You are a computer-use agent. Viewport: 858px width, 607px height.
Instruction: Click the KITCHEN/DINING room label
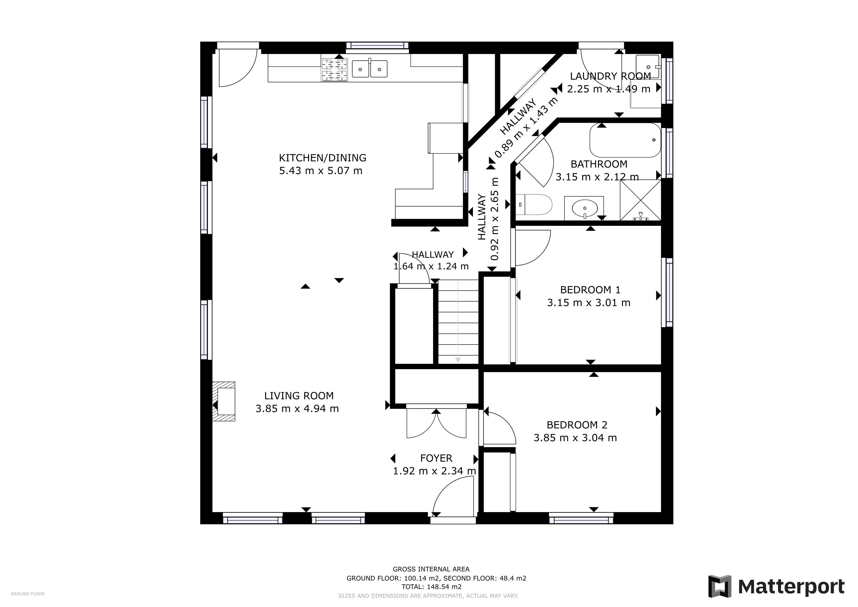tap(322, 158)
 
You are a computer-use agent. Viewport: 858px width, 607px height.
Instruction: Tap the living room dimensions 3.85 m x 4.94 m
tap(297, 409)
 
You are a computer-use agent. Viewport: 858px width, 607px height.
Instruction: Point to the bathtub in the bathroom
tap(625, 140)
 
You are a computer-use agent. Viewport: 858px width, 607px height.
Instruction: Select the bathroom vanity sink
tap(584, 208)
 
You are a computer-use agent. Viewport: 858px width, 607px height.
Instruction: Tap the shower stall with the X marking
tap(640, 200)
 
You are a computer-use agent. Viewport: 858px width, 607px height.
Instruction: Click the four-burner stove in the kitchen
tap(334, 70)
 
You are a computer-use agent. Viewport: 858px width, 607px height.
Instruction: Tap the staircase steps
tap(458, 321)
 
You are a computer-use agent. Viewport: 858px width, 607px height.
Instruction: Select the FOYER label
tap(436, 458)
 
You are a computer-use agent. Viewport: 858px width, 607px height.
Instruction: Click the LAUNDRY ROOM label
tap(610, 76)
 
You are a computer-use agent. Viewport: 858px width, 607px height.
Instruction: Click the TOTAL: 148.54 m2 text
tap(431, 587)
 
